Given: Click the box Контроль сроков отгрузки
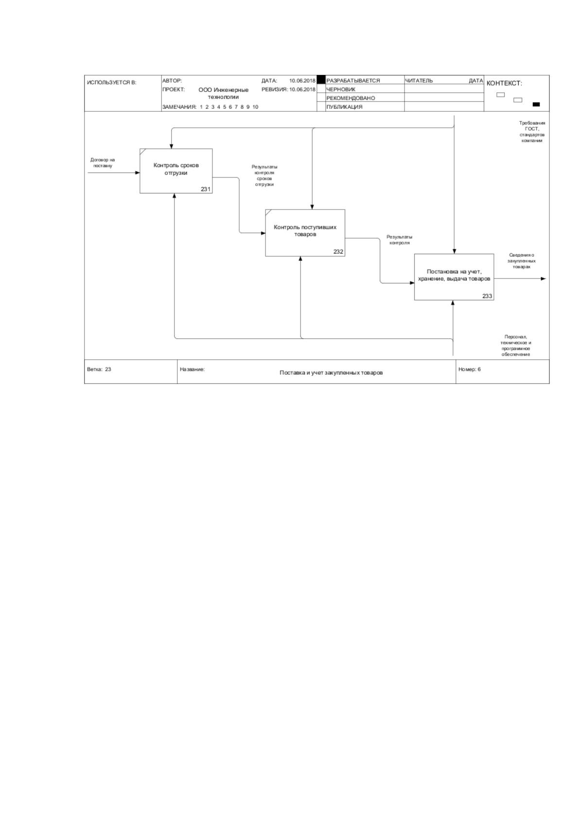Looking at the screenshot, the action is tap(176, 171).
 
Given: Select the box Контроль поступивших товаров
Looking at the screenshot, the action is tap(305, 233).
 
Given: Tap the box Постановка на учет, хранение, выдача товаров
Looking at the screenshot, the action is tap(454, 277).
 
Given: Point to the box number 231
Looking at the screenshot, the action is tap(206, 189).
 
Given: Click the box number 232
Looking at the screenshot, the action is tap(338, 252).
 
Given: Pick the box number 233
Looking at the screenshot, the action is tap(487, 296).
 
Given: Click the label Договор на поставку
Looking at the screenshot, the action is tap(103, 163).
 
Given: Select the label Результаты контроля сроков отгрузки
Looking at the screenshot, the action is tap(264, 175).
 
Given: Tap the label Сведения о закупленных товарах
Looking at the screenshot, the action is tap(521, 261).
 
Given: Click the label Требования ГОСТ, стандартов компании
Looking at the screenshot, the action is tap(532, 132).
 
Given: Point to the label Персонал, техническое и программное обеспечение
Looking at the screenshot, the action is tap(516, 346).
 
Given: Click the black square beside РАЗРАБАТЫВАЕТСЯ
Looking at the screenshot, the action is tap(321, 80).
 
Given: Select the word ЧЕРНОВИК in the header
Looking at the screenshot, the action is tap(340, 89).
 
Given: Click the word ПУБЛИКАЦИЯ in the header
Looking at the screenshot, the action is tap(344, 107).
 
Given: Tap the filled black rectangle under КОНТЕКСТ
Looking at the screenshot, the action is tap(536, 105).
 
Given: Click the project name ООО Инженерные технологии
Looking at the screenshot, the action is tap(223, 93).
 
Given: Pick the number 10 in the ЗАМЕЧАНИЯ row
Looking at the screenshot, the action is tap(255, 107).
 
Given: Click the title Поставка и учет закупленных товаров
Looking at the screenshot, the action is tap(331, 373).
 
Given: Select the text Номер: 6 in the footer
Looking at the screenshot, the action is tap(469, 369).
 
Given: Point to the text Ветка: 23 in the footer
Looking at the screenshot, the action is tap(99, 369).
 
